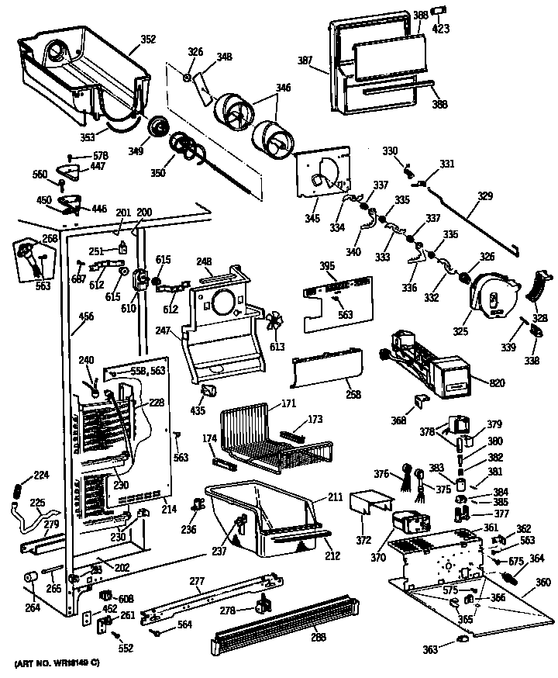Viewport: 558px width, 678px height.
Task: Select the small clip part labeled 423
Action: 439,10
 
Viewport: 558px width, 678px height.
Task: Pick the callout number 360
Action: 543,582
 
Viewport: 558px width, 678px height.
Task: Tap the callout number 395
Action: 327,265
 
